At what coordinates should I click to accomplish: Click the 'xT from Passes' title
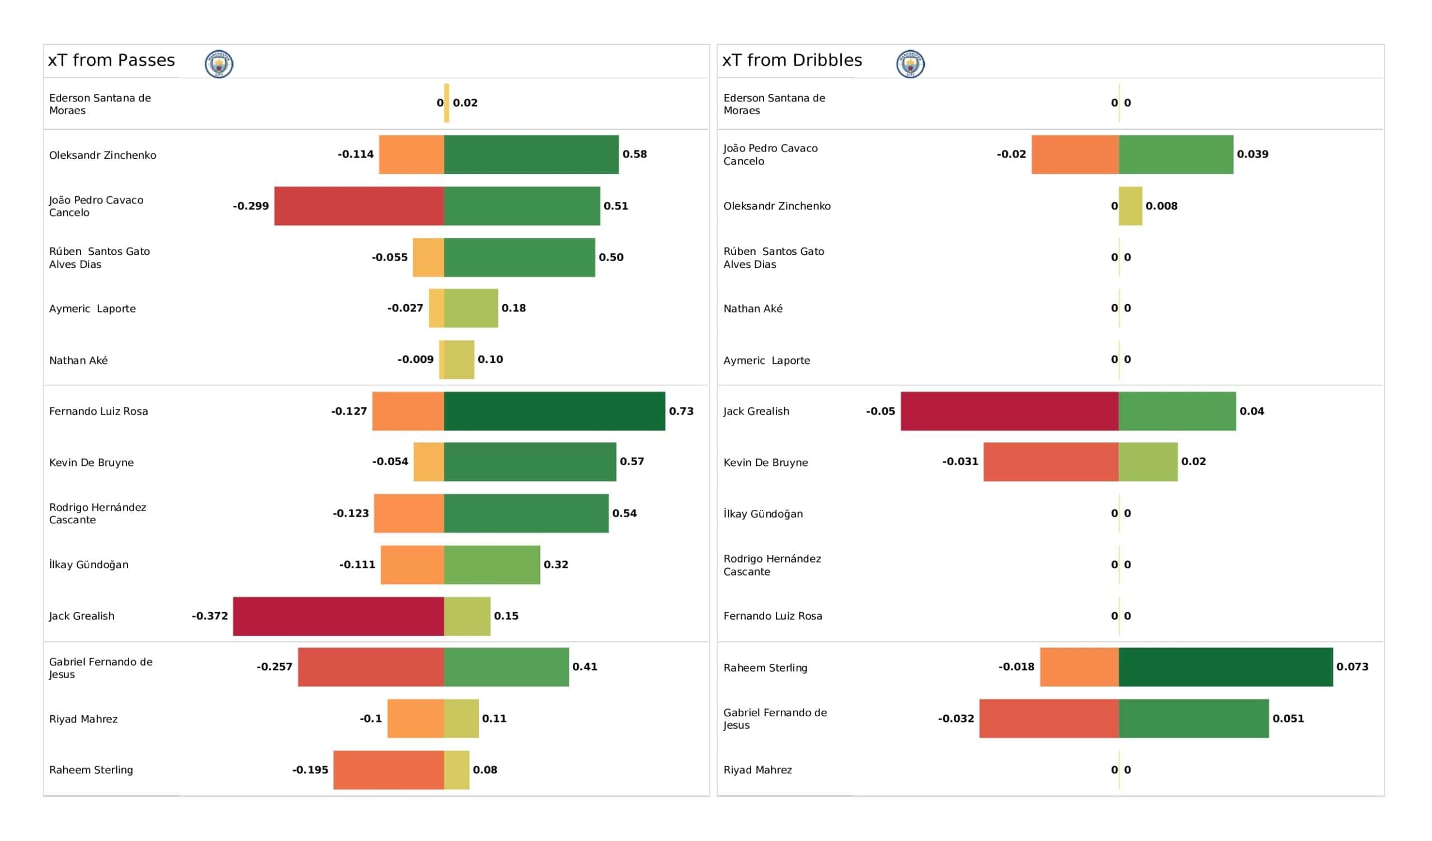coord(111,60)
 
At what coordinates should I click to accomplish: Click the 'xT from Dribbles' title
coord(792,60)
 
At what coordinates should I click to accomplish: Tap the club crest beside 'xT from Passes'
coord(219,64)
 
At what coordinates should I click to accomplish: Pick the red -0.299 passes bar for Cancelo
coord(359,206)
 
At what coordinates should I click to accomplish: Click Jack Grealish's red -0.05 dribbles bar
coord(1010,411)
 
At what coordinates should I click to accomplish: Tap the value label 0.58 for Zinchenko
coord(635,154)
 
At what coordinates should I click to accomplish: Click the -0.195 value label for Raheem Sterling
coord(310,770)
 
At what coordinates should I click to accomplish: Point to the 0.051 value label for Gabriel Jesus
coord(1288,719)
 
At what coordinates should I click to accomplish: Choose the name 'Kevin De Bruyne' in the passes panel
coord(92,462)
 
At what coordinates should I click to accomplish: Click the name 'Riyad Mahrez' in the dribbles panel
coord(757,770)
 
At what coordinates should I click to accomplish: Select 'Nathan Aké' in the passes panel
coord(78,360)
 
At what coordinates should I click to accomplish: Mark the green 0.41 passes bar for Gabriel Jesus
coord(506,667)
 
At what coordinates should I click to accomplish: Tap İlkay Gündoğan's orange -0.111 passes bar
coord(413,565)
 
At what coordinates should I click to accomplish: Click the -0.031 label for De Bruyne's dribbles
coord(960,461)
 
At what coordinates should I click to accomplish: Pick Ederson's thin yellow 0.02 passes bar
coord(446,103)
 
